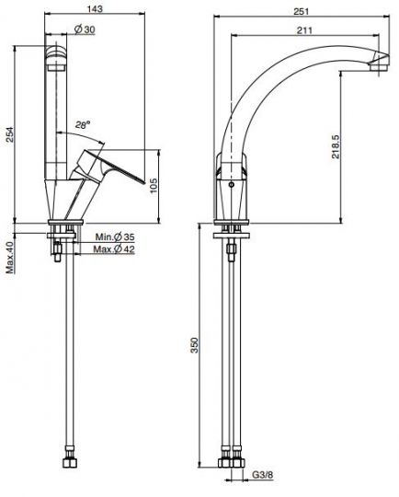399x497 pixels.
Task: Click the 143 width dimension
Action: click(x=95, y=8)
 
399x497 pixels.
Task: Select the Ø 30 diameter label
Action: click(x=85, y=29)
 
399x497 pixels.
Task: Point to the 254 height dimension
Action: click(x=10, y=134)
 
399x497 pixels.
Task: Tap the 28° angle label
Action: click(x=83, y=125)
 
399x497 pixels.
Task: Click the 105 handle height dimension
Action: click(x=154, y=185)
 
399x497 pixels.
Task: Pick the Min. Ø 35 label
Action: click(x=115, y=237)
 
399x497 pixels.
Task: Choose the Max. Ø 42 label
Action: click(x=114, y=249)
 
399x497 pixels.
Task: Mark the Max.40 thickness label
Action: click(x=10, y=258)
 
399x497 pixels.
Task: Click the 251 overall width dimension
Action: click(x=301, y=11)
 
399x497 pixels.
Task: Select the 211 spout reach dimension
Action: click(x=304, y=30)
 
